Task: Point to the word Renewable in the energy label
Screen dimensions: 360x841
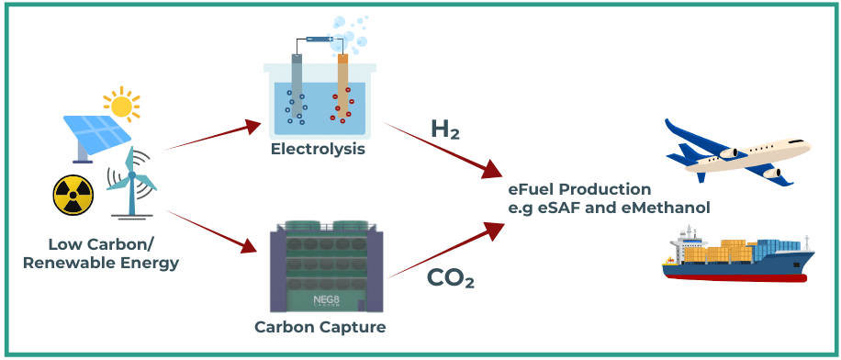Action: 84,264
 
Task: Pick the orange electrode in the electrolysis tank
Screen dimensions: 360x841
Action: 342,83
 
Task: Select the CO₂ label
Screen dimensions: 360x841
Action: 451,277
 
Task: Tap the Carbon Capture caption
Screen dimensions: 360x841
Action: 319,327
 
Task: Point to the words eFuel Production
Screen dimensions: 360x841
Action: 579,189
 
